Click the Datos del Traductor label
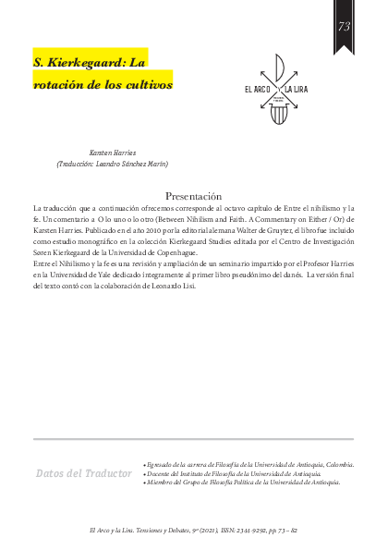pos(83,473)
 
